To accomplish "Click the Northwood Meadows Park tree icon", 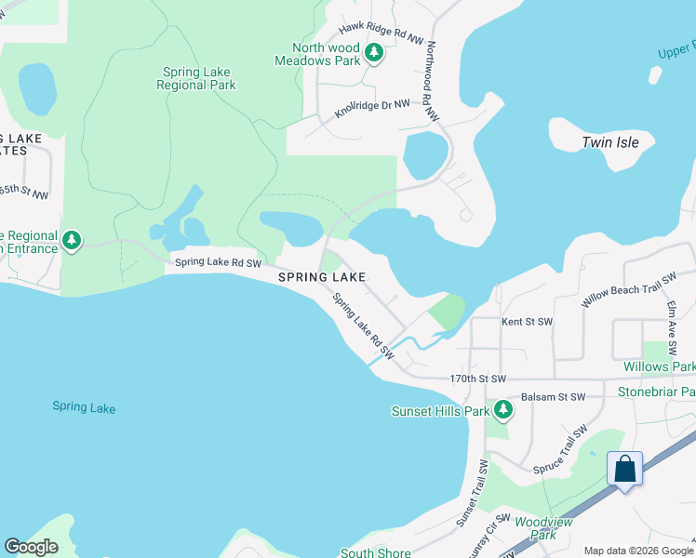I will (374, 53).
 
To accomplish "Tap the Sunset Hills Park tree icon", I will (503, 409).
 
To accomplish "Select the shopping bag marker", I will (625, 469).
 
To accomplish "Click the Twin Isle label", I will (609, 142).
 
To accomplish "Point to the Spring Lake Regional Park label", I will (198, 78).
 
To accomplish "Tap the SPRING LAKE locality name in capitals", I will (319, 277).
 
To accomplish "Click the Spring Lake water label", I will (83, 406).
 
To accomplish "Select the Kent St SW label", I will (527, 322).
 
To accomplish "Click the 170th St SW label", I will (477, 379).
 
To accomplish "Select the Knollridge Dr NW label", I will (372, 110).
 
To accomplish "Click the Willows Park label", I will (659, 366).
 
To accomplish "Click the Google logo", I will (32, 547).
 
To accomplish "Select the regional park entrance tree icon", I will (72, 242).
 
